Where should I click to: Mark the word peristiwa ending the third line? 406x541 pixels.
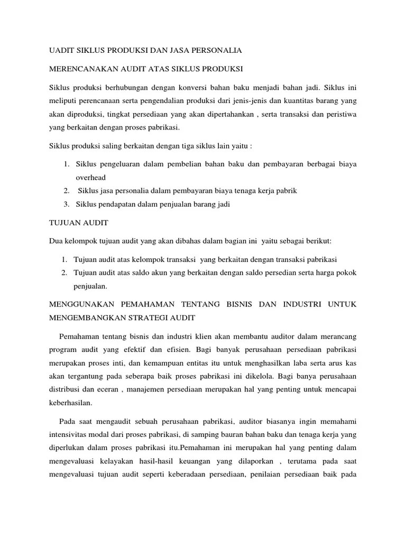340,114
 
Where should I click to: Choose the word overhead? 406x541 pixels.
90,178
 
